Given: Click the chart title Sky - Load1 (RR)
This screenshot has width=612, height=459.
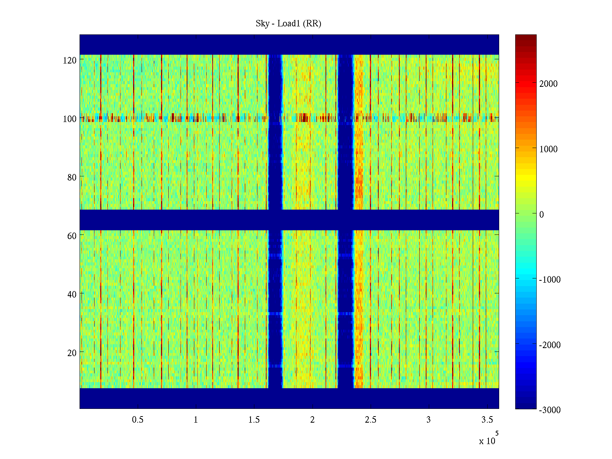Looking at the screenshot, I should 288,24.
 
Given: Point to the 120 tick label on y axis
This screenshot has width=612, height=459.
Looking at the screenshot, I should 70,60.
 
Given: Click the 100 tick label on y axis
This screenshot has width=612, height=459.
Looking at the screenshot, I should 70,119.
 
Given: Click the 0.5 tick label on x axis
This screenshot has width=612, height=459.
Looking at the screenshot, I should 138,420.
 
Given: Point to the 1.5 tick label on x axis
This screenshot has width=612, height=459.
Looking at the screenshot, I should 254,420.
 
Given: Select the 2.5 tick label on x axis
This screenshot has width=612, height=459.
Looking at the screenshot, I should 371,420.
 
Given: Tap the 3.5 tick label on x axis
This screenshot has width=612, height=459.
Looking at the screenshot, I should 487,420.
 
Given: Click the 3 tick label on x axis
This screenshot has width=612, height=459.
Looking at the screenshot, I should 428,420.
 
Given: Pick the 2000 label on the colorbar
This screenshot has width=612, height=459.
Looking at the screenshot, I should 549,84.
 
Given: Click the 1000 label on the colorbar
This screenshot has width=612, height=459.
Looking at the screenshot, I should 549,150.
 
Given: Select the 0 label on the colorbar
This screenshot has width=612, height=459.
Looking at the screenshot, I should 542,215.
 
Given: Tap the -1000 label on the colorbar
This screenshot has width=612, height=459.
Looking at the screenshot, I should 550,280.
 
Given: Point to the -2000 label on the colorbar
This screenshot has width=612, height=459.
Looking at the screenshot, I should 550,345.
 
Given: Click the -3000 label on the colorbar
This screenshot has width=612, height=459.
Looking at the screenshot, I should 550,410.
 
